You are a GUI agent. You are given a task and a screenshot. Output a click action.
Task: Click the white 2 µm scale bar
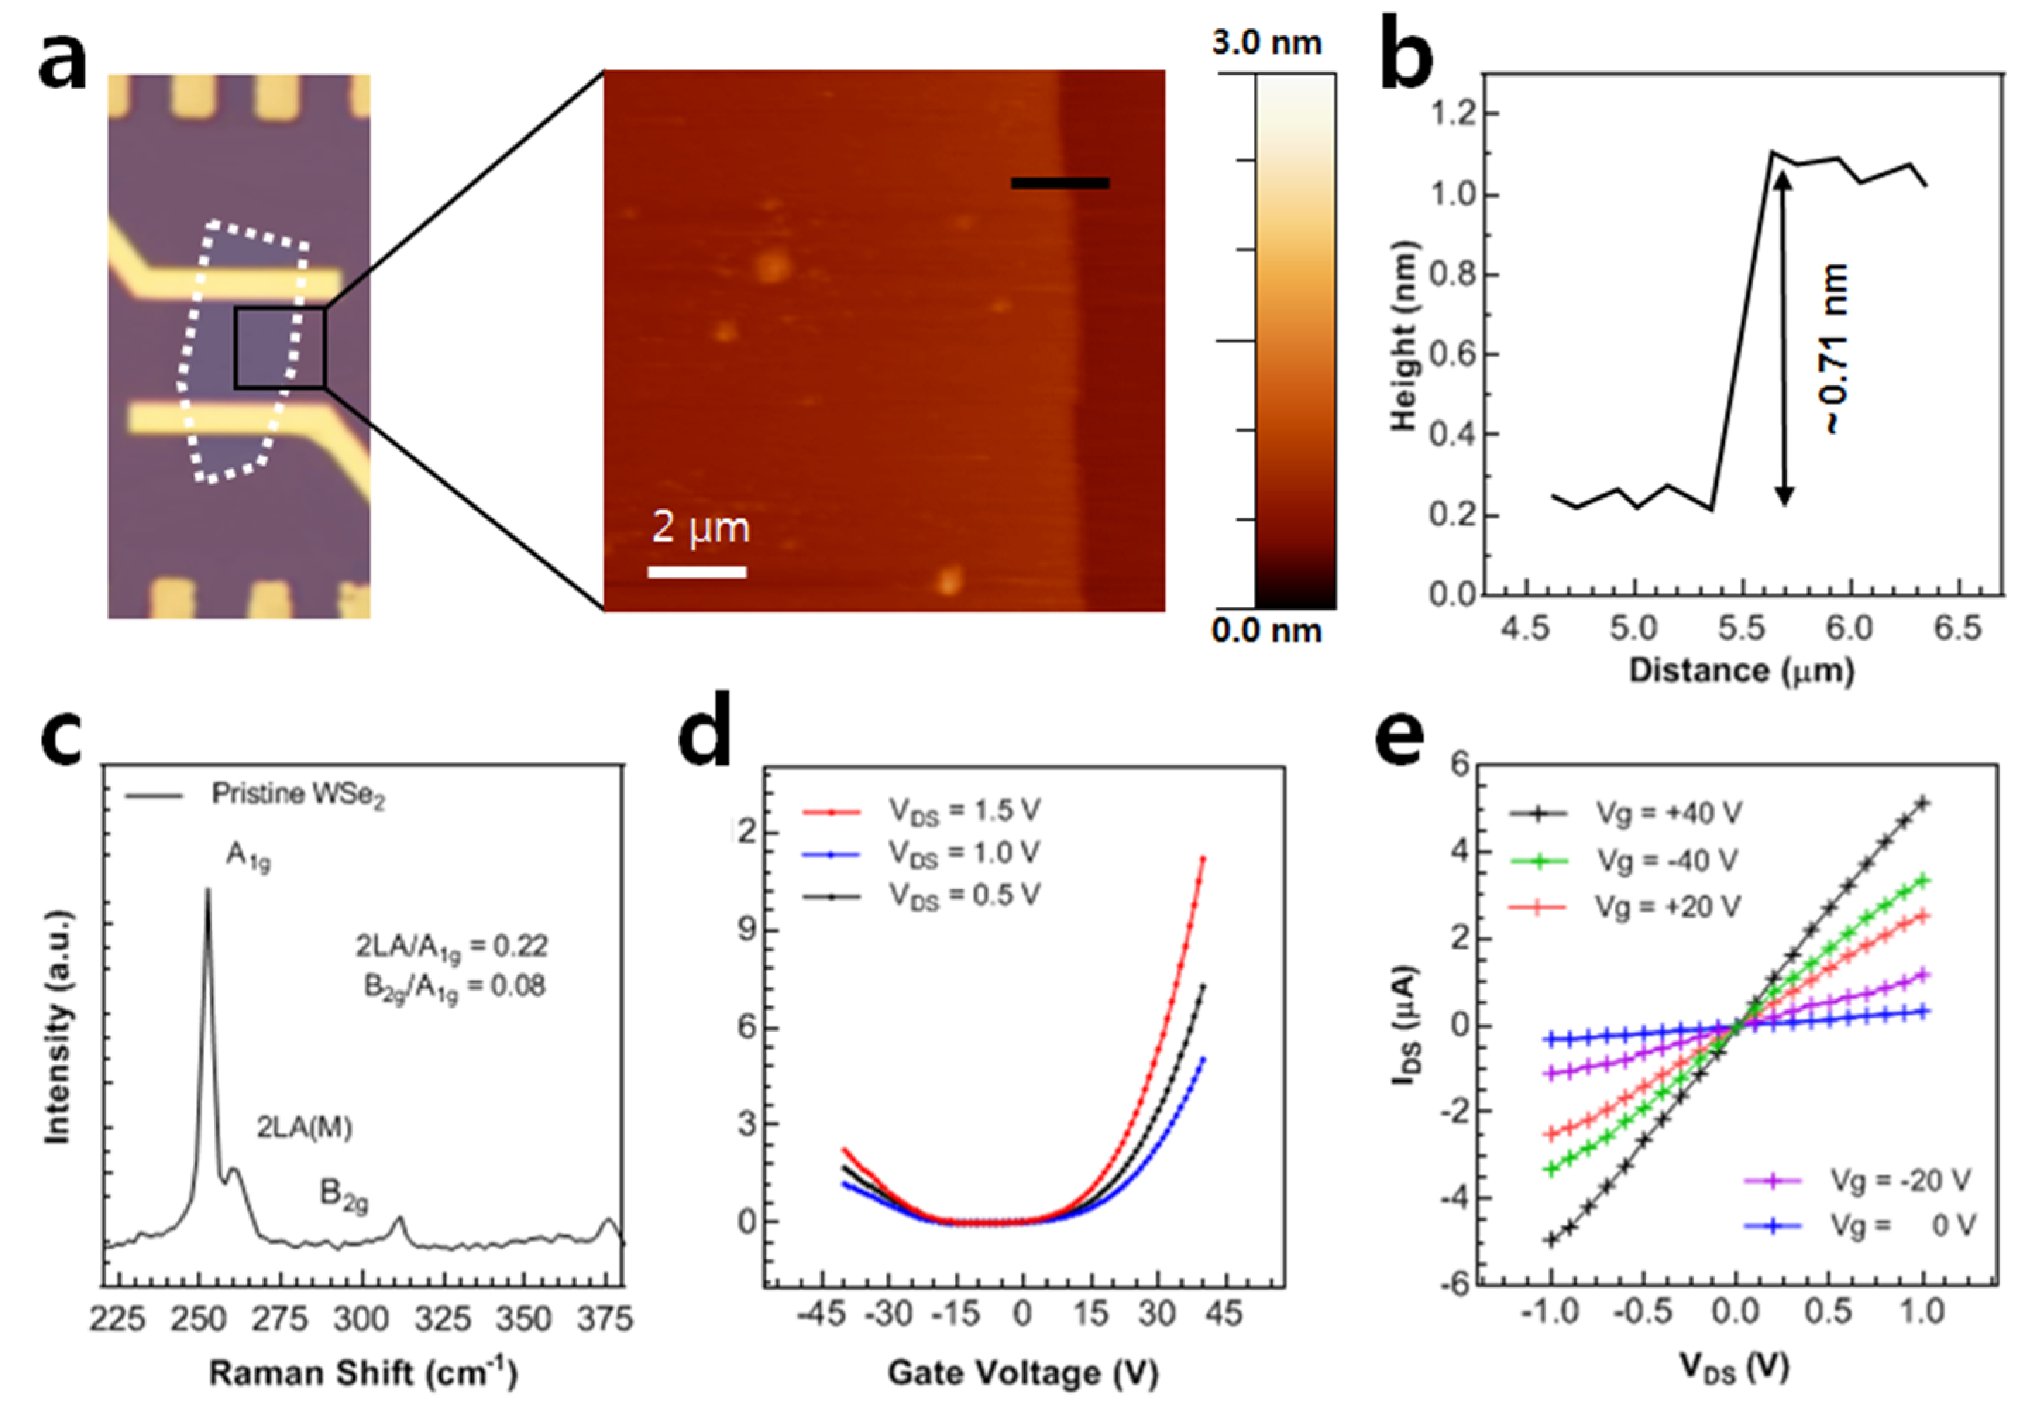click(x=697, y=572)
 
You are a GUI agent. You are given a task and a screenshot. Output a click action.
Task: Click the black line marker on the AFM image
click(x=1059, y=183)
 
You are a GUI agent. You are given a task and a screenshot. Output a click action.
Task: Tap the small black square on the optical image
click(x=279, y=347)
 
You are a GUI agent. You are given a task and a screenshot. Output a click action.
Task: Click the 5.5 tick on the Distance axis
click(x=1741, y=628)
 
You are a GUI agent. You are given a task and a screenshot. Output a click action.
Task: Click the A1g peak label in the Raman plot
click(x=248, y=856)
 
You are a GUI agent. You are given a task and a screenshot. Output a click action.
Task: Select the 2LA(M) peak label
click(x=304, y=1128)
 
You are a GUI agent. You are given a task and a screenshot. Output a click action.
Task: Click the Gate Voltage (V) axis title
click(x=1022, y=1373)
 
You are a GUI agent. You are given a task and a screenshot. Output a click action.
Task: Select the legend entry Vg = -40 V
click(x=1665, y=860)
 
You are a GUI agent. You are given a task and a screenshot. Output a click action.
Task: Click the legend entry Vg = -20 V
click(x=1898, y=1180)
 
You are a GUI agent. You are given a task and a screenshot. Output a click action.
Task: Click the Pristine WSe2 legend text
click(x=298, y=796)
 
